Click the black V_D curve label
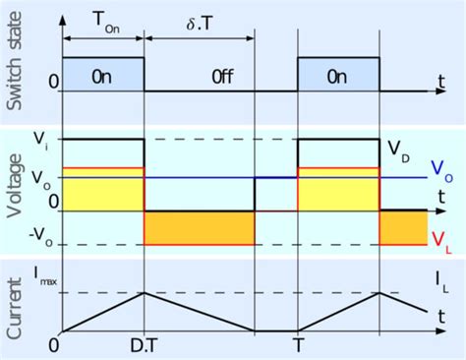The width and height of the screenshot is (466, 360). coord(398,150)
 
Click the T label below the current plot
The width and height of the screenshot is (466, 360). coord(299,347)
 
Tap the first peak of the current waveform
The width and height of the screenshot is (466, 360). coord(145,292)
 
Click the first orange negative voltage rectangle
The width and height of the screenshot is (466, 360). coord(200,228)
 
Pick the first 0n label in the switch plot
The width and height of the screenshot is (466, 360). coord(103,75)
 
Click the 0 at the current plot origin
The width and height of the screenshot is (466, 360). coord(54,347)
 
